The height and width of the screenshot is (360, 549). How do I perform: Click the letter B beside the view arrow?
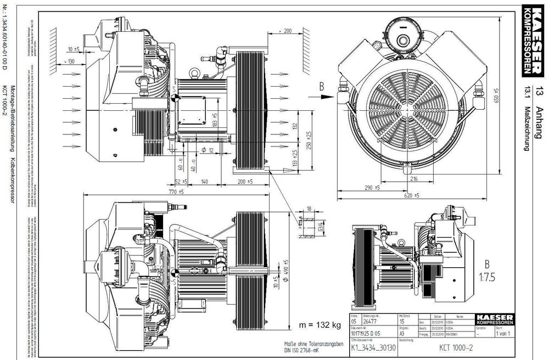pyautogui.click(x=323, y=86)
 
